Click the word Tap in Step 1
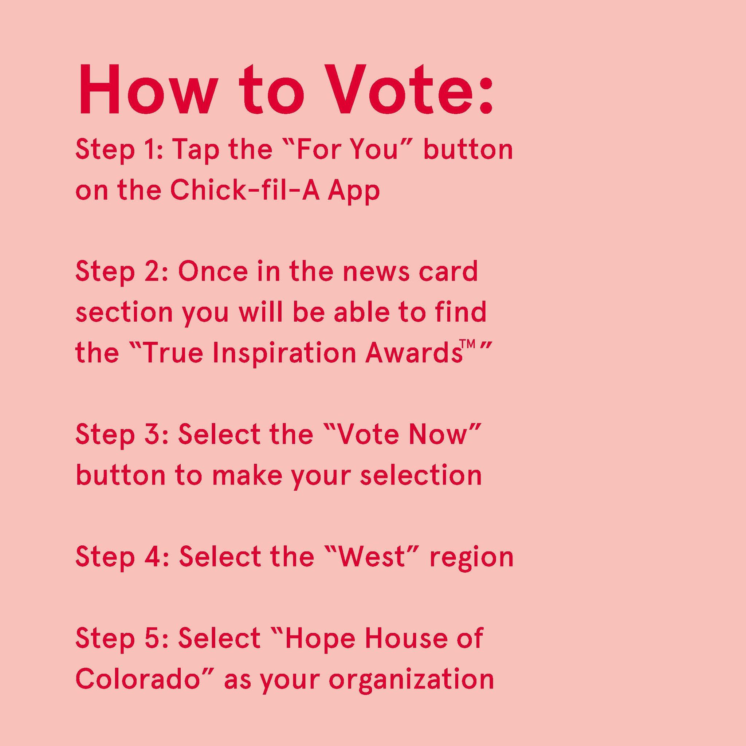pos(195,152)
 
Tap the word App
pos(354,192)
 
